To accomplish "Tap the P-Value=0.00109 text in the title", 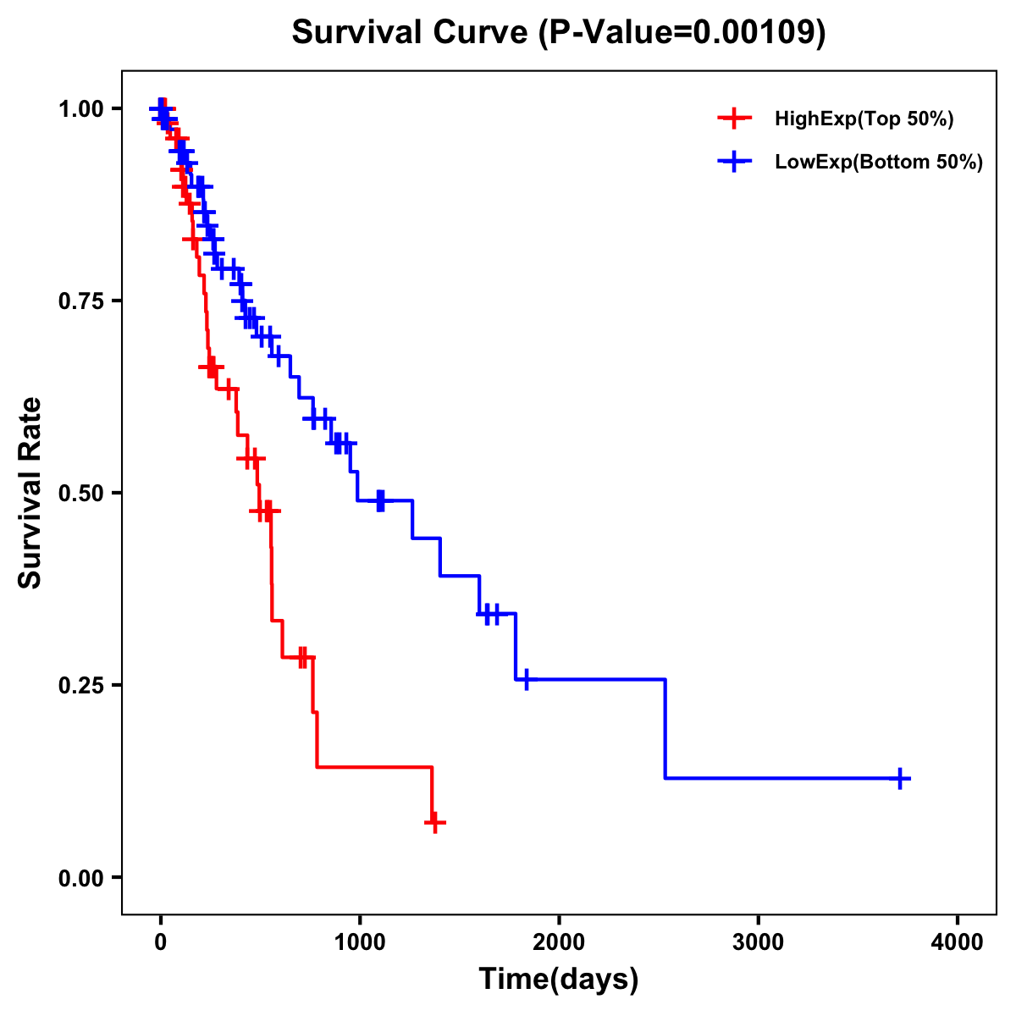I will pos(684,33).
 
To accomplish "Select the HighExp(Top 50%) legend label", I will pos(864,119).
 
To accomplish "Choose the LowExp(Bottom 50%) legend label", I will pos(879,163).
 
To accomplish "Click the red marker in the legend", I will pos(734,119).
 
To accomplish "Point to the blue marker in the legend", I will pos(734,162).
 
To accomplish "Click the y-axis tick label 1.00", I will pos(81,109).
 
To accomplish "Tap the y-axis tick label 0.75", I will pos(81,301).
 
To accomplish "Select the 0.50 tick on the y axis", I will pos(81,493).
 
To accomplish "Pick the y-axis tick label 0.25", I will pos(81,685).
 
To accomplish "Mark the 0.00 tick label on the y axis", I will pos(81,877).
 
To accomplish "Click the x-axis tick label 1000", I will pos(360,942).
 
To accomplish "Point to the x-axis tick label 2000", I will pos(559,942).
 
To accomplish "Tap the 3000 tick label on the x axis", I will pos(758,942).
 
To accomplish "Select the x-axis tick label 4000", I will pos(958,942).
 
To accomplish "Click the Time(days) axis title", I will pos(559,980).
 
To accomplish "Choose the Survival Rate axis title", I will pos(30,493).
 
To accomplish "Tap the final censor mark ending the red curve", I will pos(434,822).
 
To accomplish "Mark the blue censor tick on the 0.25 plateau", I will pos(527,680).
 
